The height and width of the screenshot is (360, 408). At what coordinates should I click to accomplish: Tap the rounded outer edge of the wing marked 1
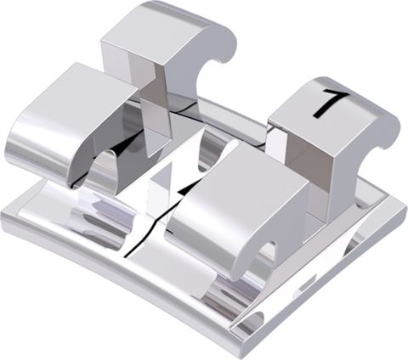(x=387, y=127)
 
